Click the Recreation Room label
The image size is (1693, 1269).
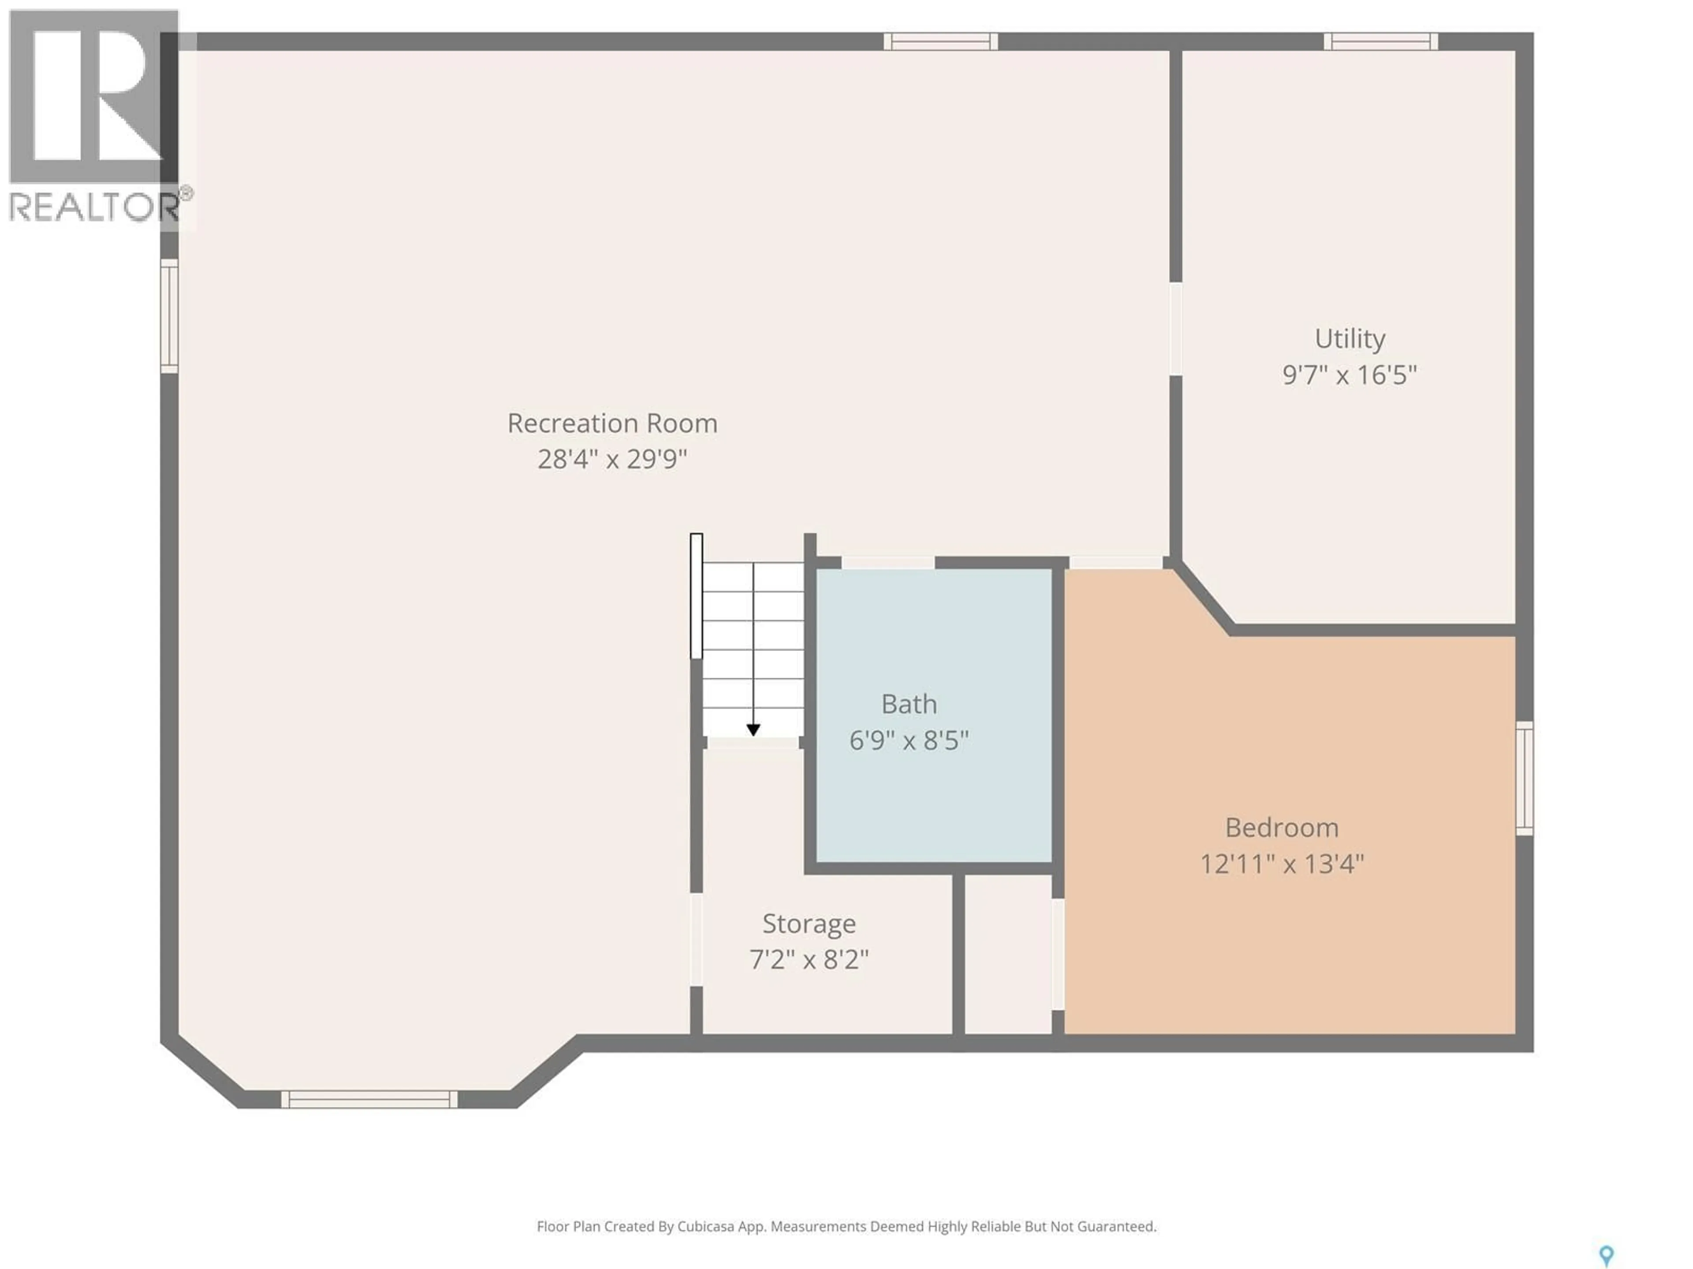click(612, 423)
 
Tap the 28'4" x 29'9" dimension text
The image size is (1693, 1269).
click(612, 460)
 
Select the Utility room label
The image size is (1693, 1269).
click(1350, 338)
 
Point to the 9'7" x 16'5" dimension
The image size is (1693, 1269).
click(1350, 375)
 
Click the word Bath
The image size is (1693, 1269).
click(909, 704)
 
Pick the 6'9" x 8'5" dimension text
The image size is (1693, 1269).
click(909, 740)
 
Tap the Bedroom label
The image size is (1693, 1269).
click(1281, 827)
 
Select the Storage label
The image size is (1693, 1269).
click(808, 923)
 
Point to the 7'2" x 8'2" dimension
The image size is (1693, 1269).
click(808, 959)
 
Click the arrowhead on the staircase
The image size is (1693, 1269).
click(753, 731)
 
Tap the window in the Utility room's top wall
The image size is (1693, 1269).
click(1381, 41)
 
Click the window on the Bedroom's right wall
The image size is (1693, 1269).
click(1524, 778)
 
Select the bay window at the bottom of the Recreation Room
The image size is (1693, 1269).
click(369, 1099)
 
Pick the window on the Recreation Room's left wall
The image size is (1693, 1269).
click(169, 316)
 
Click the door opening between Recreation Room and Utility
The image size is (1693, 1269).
click(1175, 329)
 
